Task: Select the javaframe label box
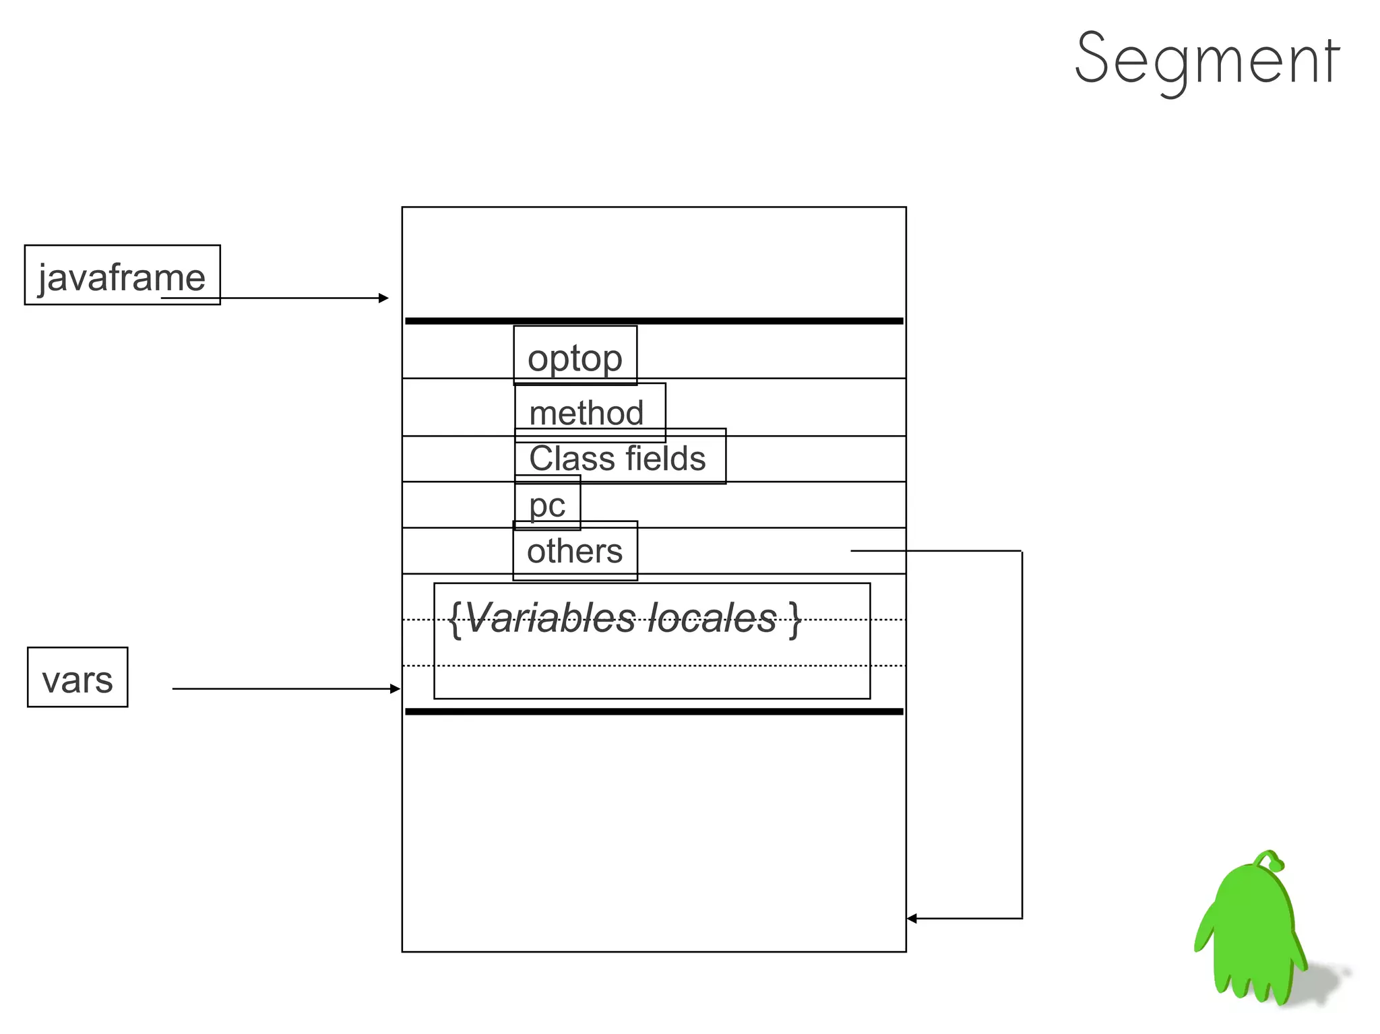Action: (122, 275)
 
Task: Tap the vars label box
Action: (77, 678)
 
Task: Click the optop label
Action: (575, 357)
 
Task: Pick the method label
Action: (586, 412)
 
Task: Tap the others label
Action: (575, 551)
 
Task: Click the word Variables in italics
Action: (550, 618)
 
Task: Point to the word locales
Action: (712, 618)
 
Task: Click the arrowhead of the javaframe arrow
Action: (384, 298)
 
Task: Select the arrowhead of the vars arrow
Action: (396, 688)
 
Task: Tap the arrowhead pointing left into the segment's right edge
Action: (912, 918)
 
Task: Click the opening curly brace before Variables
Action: (456, 618)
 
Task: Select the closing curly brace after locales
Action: (796, 618)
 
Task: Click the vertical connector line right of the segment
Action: (1022, 734)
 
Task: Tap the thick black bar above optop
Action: (654, 321)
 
